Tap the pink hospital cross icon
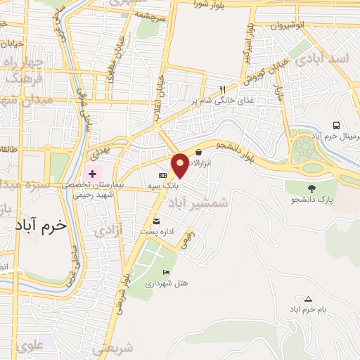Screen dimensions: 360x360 point(92,173)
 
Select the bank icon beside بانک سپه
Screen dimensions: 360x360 point(162,175)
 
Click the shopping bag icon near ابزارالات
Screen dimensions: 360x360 point(199,152)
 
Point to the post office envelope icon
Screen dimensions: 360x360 point(156,221)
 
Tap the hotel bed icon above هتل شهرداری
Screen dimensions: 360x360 point(166,273)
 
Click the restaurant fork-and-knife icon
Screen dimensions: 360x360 point(222,89)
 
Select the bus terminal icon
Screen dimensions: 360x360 point(337,125)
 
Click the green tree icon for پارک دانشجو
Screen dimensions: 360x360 point(311,188)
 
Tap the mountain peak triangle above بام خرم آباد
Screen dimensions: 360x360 point(308,299)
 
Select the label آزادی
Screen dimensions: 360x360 point(109,229)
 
